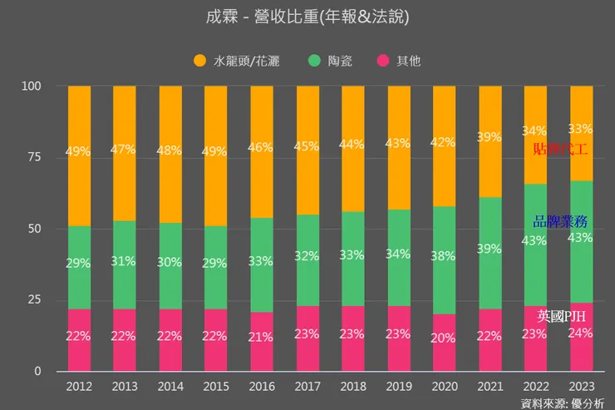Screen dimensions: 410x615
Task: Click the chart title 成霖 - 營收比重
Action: coord(307,17)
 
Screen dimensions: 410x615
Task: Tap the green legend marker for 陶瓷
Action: coord(314,61)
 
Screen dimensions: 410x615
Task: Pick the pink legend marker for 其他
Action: coord(382,61)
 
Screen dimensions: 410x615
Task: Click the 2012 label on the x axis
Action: coord(80,386)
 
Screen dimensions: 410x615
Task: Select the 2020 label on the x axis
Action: coord(445,386)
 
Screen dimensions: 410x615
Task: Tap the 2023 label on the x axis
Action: coord(581,386)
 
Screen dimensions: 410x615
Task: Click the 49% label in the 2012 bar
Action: coord(80,151)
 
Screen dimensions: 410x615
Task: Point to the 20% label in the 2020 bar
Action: coord(445,338)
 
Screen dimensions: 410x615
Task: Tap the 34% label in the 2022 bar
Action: coord(535,131)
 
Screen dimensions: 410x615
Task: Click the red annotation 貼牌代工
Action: coord(561,149)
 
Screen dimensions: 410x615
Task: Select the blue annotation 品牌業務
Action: coord(561,221)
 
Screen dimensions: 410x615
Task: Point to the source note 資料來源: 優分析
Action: coord(562,403)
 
